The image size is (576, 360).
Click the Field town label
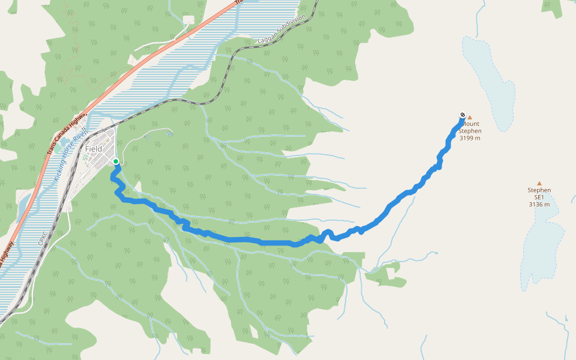tap(94, 149)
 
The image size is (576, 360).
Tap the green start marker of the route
tap(116, 161)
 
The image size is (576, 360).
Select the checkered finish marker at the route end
tap(463, 115)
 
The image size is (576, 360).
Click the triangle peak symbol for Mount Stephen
tap(470, 118)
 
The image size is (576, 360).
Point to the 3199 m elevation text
tap(470, 138)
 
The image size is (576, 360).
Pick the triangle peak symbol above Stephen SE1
tap(539, 184)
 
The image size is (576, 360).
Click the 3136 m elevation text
tap(539, 205)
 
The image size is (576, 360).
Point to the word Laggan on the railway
tap(266, 38)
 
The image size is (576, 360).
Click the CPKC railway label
tap(43, 238)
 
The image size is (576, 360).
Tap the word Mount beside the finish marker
tap(471, 124)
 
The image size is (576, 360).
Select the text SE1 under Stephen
tap(539, 197)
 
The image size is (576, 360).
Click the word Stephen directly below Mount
tap(470, 131)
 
